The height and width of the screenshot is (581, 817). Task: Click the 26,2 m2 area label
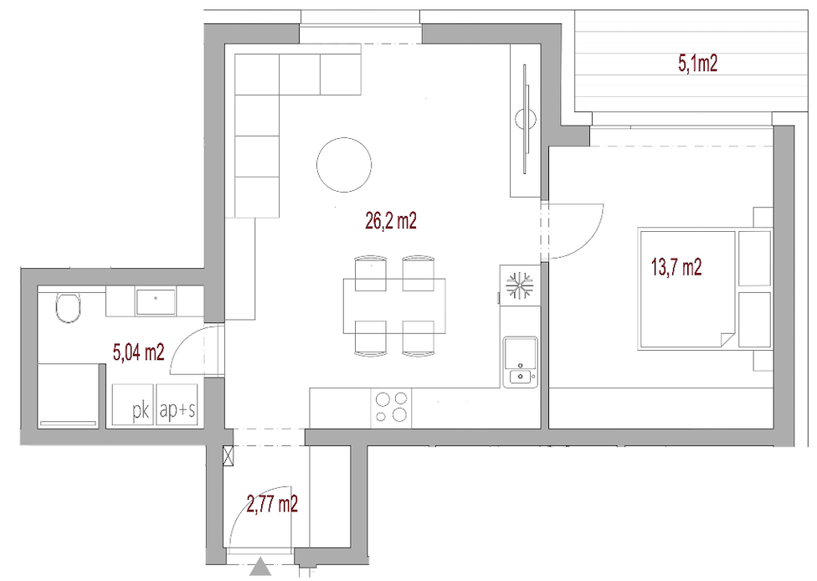coord(391,222)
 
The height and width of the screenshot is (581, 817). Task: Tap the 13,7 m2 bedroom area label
coord(676,267)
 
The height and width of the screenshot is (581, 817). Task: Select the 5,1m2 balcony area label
coord(697,64)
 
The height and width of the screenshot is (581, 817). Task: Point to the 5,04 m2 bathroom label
coord(139,352)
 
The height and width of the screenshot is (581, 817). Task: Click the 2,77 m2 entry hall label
coord(272,505)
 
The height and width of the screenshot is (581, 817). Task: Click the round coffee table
coord(344,165)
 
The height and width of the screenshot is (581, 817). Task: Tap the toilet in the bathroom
coord(69,307)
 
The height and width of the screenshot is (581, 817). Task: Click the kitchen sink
coord(520,362)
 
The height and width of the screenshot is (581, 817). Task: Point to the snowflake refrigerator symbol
coord(520,285)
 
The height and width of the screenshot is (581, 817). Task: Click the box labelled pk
coord(133,405)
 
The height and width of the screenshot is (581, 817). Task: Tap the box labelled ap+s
coord(177,405)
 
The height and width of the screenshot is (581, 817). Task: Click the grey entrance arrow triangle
coord(260,567)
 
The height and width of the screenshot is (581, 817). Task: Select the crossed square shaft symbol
coord(229,455)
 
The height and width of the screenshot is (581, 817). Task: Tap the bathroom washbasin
coord(156,302)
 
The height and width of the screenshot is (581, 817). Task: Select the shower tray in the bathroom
coord(69,395)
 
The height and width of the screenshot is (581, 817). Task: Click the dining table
coord(394,306)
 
